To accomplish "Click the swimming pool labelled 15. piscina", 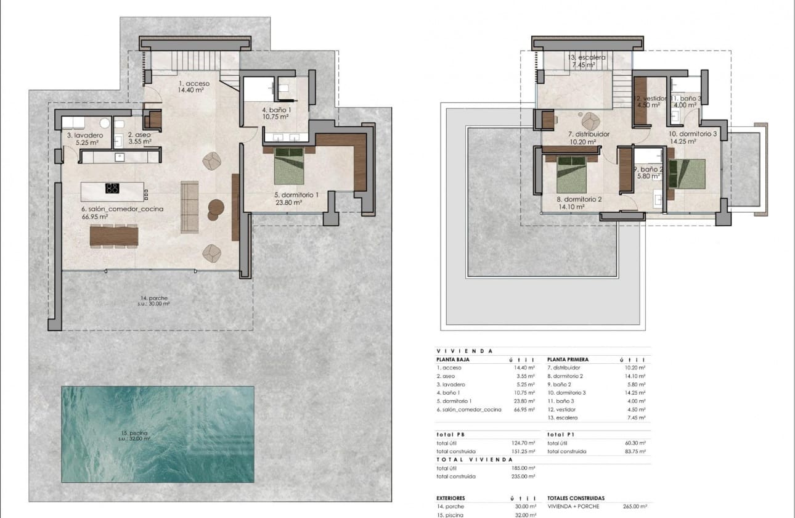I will (158, 434).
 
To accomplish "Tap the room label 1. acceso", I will (194, 83).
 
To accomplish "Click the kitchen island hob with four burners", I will (112, 188).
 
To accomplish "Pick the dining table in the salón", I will (114, 236).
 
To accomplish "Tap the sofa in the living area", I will (189, 207).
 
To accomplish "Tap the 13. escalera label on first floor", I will (587, 57).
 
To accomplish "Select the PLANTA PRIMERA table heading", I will (568, 360).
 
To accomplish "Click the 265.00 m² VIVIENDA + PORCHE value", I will (635, 506).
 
